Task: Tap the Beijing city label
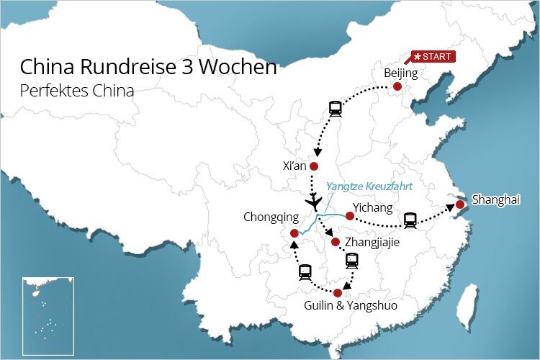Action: pyautogui.click(x=400, y=73)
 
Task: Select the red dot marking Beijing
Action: pyautogui.click(x=397, y=87)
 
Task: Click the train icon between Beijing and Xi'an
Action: pyautogui.click(x=335, y=109)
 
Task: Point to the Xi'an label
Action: pyautogui.click(x=295, y=166)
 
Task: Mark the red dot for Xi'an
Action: pyautogui.click(x=314, y=166)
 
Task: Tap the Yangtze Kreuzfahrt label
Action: pyautogui.click(x=369, y=186)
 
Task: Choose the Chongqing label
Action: pyautogui.click(x=271, y=216)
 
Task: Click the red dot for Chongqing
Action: pyautogui.click(x=294, y=233)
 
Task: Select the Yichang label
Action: pyautogui.click(x=374, y=208)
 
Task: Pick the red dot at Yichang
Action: pyautogui.click(x=349, y=215)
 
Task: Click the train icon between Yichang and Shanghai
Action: pyautogui.click(x=410, y=220)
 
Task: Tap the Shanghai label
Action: pyautogui.click(x=495, y=199)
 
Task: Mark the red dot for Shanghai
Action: pyautogui.click(x=460, y=204)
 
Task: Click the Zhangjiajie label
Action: pyautogui.click(x=372, y=243)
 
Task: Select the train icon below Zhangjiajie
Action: pyautogui.click(x=351, y=261)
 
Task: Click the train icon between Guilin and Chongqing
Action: pyautogui.click(x=305, y=271)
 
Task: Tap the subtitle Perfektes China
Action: pyautogui.click(x=77, y=91)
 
